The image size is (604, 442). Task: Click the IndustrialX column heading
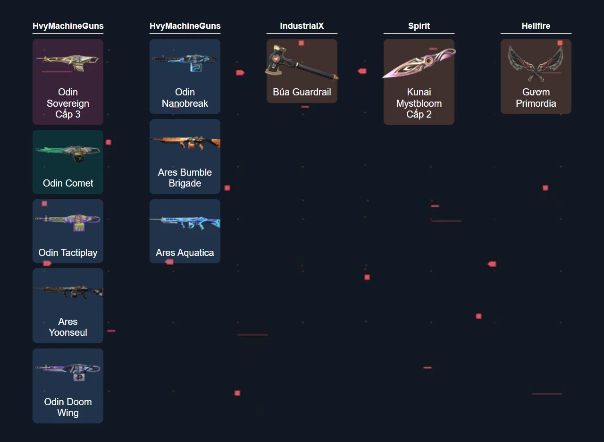click(x=302, y=26)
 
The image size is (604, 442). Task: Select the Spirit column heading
click(x=419, y=26)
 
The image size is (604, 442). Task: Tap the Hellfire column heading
click(x=536, y=26)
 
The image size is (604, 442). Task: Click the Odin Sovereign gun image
click(x=68, y=61)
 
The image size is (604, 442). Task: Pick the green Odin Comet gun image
click(x=68, y=153)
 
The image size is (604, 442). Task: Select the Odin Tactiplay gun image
click(x=68, y=221)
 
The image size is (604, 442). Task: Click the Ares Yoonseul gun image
click(x=68, y=290)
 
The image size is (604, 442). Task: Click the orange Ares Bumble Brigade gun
click(x=185, y=141)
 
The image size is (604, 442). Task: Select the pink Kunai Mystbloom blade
click(x=419, y=64)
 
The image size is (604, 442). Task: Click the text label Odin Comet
click(x=68, y=183)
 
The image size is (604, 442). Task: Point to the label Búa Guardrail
click(x=302, y=92)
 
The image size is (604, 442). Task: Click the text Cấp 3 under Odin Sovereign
click(x=68, y=114)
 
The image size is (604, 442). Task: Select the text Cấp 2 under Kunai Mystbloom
click(x=419, y=114)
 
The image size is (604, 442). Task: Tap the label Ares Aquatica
click(x=185, y=253)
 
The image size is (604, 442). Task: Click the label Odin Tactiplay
click(x=68, y=253)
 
